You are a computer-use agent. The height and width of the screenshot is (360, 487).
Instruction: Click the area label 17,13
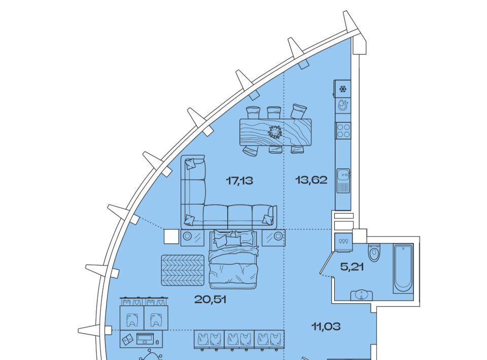point(239,180)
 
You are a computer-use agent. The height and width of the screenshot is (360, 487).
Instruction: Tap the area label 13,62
point(311,179)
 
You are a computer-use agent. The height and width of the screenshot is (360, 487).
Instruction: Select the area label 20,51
point(210,300)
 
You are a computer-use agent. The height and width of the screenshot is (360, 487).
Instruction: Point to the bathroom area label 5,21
point(352,267)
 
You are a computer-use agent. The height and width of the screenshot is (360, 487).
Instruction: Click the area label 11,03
point(326,326)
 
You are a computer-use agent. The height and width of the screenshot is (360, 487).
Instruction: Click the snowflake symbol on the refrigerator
point(342,90)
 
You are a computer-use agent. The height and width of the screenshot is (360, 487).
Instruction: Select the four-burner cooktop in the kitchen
point(343,130)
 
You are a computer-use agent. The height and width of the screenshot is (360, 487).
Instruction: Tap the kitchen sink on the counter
point(343,181)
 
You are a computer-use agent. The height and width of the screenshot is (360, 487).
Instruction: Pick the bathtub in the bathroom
point(403,268)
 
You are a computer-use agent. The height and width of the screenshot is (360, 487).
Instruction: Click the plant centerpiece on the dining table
point(275,132)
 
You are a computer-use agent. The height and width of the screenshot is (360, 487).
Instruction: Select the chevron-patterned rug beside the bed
point(183,270)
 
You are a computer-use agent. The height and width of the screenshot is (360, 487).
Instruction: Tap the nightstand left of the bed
point(192,237)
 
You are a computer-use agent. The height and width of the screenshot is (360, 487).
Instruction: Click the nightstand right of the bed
point(273,237)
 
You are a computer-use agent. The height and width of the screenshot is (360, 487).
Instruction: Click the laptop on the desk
point(145,339)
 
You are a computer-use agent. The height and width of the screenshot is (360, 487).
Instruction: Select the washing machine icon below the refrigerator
point(342,105)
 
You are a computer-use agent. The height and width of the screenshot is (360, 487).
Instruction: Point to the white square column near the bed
point(171,236)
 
